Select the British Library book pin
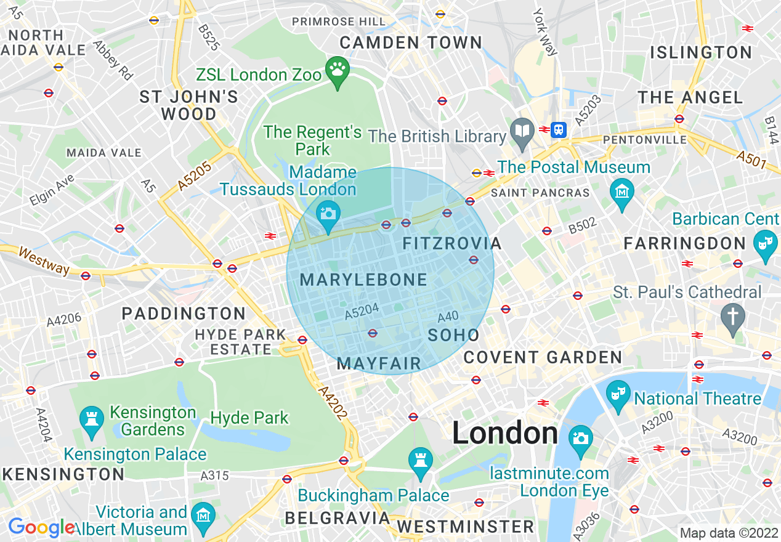coord(522,131)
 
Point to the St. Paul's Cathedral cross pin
coord(733,317)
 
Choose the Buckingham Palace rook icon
coord(421,461)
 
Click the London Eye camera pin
coord(580,438)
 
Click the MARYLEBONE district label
coord(363,280)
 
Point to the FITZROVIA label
coord(451,243)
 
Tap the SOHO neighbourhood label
coord(453,335)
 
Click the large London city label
coord(505,433)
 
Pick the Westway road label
coord(44,260)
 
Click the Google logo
coord(41,527)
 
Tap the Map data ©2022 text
coord(728,533)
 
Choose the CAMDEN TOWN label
coord(411,42)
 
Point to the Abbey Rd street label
coord(113,60)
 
